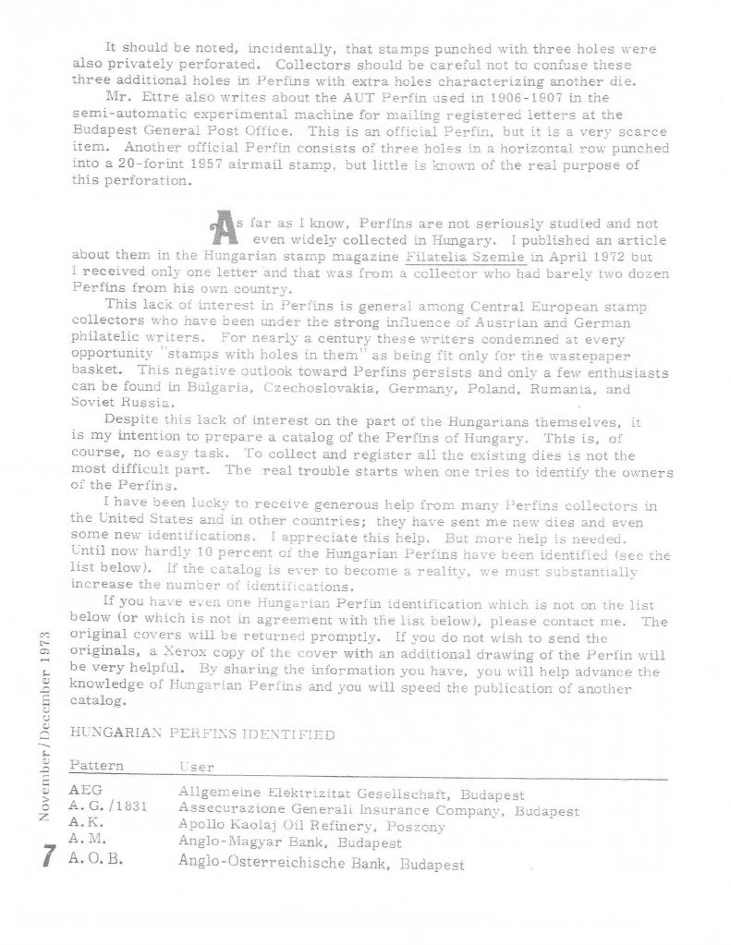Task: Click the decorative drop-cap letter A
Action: (223, 228)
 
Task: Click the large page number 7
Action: (45, 857)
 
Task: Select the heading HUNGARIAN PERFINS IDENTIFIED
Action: (201, 733)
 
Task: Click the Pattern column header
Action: (96, 767)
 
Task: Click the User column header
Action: (196, 768)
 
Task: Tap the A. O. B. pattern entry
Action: (96, 864)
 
